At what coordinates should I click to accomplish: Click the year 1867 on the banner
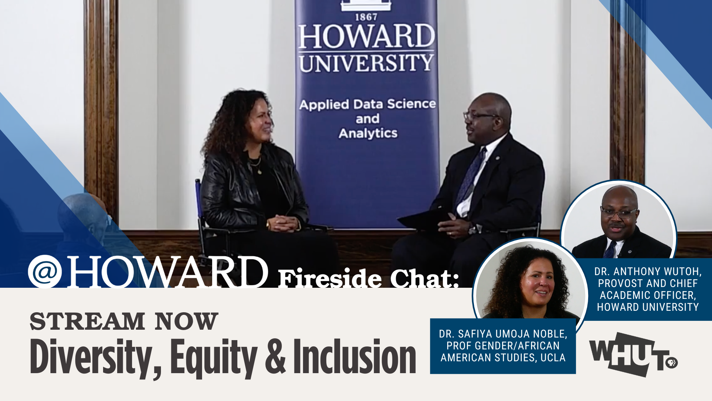366,17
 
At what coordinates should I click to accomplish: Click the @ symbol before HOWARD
45,272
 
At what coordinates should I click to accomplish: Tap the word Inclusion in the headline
355,356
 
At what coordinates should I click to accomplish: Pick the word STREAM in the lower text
87,321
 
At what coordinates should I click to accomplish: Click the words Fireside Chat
369,278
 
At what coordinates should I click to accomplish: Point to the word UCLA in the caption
553,358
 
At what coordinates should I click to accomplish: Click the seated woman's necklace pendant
260,172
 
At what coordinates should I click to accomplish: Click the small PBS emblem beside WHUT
671,362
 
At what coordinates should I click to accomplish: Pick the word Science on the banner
411,104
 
